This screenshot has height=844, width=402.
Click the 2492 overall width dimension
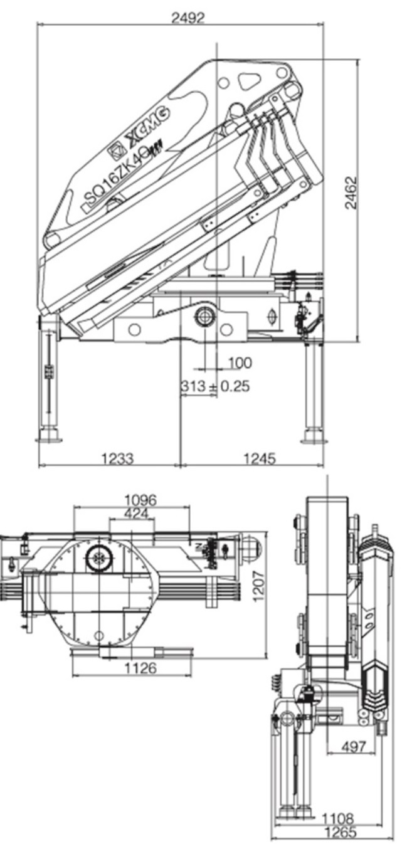[188, 18]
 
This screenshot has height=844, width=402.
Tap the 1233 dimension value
[117, 458]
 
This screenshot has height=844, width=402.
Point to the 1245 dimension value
[260, 458]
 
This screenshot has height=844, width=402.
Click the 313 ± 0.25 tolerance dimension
[214, 386]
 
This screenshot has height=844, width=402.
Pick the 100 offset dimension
[240, 363]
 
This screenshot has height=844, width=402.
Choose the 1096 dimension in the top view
[140, 500]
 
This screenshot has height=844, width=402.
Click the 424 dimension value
[135, 513]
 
